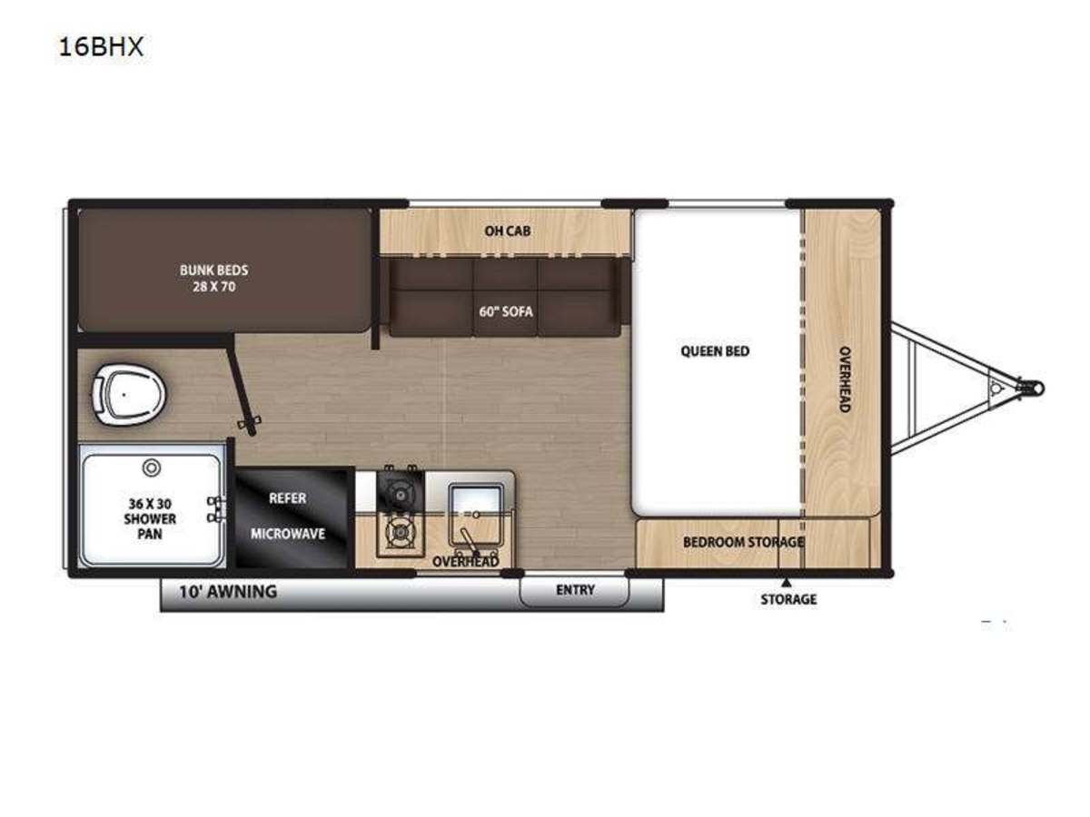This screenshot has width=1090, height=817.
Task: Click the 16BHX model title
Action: coord(102,47)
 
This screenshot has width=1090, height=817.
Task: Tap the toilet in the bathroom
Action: coord(129,395)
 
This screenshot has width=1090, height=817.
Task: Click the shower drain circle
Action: coord(152,468)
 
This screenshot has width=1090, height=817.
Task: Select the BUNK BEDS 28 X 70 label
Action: coord(214,279)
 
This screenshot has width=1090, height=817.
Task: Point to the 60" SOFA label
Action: coord(506,311)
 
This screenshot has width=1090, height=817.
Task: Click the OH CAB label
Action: coord(507,231)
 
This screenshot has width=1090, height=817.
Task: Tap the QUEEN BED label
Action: coord(715,351)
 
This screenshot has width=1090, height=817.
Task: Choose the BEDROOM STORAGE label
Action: coord(743,542)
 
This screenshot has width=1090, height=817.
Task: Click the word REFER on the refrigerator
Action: coord(288,498)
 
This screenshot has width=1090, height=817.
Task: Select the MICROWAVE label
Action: coord(288,534)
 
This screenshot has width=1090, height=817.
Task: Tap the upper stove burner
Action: coord(400,494)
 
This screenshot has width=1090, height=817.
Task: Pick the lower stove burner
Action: coord(400,533)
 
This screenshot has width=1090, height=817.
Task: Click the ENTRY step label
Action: coord(575,590)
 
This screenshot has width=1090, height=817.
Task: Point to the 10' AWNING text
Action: coord(228,591)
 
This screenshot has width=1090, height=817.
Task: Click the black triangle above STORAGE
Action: coord(786,582)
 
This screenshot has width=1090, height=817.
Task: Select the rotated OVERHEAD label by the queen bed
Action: coord(844,379)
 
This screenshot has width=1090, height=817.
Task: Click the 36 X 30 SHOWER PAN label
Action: coord(150,519)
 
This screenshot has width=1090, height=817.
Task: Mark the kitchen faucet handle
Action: coord(469,542)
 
